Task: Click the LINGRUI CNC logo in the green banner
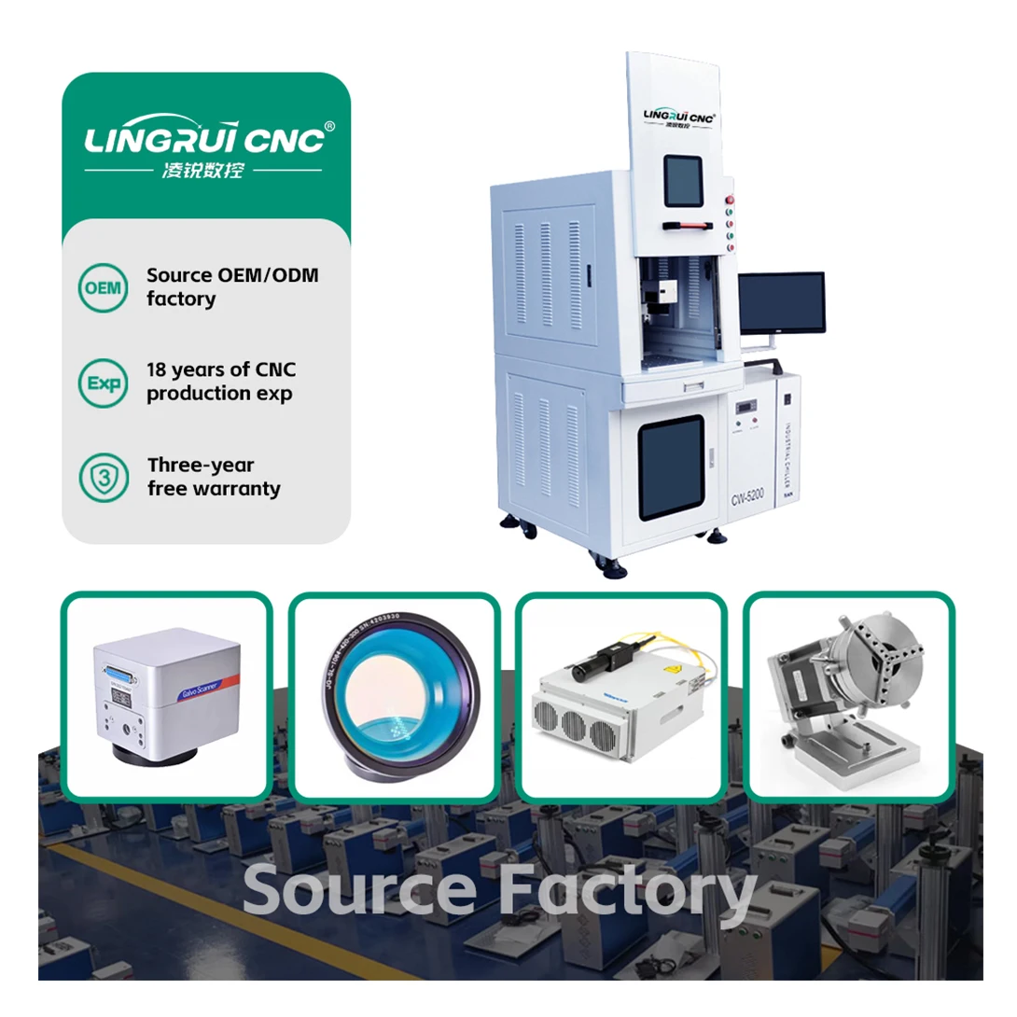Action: click(205, 138)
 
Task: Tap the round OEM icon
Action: click(103, 286)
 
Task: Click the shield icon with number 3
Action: click(103, 476)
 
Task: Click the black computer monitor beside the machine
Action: click(781, 303)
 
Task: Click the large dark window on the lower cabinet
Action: click(671, 467)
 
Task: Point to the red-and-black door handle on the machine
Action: click(690, 226)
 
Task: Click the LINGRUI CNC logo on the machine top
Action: click(679, 117)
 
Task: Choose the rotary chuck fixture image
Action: click(848, 695)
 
